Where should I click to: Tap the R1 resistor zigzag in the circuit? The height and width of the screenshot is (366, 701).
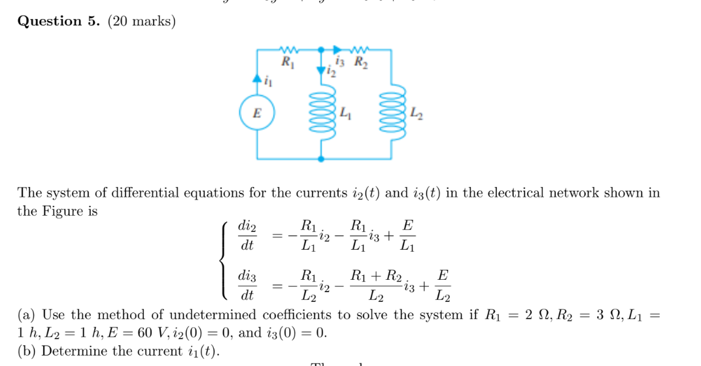point(288,50)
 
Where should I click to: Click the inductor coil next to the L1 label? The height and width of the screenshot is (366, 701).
point(320,112)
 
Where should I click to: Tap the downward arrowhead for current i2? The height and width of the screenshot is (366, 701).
point(320,70)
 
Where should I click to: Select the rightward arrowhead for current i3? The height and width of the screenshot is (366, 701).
point(337,50)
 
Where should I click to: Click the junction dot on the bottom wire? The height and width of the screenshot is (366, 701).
point(320,158)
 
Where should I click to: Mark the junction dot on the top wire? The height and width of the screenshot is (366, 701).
point(320,50)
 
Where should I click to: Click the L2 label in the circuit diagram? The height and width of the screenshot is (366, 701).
point(417,116)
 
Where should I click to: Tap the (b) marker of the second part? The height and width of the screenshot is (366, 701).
point(27,351)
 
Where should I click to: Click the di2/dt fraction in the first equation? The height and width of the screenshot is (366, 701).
point(247,236)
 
